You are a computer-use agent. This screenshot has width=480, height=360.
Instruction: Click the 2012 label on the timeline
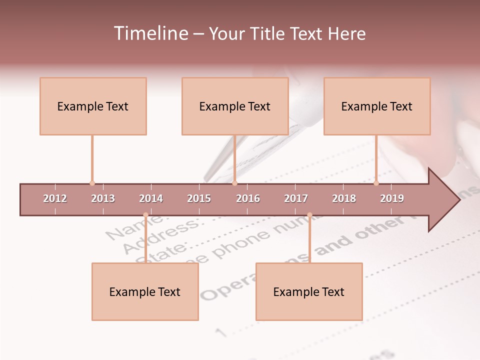coord(55,198)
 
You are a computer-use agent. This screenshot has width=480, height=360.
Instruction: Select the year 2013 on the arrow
coord(103,198)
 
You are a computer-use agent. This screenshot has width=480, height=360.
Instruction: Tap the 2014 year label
coord(151,198)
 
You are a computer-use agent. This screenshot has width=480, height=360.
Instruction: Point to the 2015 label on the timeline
coord(199,198)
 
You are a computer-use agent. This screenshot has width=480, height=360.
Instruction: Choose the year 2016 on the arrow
coord(248,198)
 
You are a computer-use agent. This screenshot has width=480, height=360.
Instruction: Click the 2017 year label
coord(296,198)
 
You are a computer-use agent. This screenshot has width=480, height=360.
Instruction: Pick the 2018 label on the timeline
coord(344,198)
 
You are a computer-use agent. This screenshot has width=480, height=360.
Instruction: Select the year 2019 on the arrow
coord(392,198)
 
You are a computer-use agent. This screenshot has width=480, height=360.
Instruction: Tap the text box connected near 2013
coord(93,106)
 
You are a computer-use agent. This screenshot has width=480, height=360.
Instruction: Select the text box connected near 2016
coord(235,106)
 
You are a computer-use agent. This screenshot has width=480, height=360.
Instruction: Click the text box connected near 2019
coord(377,106)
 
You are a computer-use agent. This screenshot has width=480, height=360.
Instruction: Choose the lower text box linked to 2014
coord(145,292)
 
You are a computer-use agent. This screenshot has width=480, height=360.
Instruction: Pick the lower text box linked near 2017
coord(309,292)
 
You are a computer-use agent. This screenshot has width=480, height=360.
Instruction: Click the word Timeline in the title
coord(150,33)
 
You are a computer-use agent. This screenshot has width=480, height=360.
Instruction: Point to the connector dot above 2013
coord(92,183)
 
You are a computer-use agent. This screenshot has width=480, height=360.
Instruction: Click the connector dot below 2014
coord(145,215)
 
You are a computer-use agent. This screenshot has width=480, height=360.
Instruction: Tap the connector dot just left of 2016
coord(234,183)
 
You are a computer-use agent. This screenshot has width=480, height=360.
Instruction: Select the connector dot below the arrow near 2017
coord(309,215)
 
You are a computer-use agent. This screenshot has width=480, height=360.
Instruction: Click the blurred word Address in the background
coord(160,235)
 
